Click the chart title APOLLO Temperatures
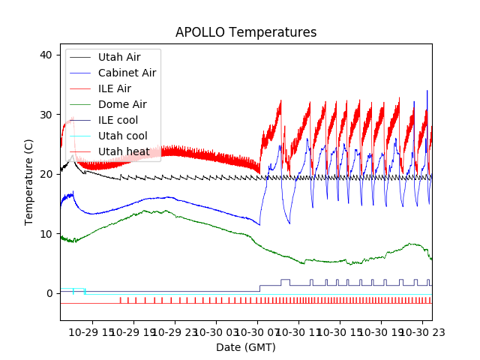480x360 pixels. [x=246, y=32]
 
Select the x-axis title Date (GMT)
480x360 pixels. [x=246, y=347]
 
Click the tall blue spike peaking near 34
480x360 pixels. [x=427, y=93]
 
